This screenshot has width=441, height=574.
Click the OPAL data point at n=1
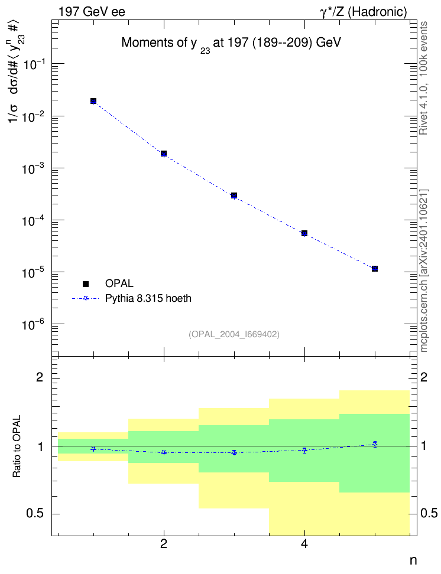[93, 101]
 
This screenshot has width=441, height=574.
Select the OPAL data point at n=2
[164, 154]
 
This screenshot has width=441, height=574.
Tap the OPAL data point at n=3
[234, 195]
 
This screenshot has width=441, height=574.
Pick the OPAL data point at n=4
[304, 233]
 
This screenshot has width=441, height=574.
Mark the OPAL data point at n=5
[375, 269]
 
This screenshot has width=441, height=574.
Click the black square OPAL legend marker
[86, 283]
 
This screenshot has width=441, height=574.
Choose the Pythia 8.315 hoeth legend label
[148, 298]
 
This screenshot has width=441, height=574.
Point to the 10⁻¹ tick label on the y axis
[34, 64]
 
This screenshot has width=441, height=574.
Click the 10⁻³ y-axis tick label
[34, 168]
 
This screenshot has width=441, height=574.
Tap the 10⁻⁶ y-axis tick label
[34, 324]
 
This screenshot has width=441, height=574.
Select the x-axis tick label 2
[164, 544]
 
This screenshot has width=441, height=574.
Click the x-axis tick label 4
[304, 544]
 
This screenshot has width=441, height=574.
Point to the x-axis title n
[413, 560]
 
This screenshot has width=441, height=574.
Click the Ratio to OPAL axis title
[17, 446]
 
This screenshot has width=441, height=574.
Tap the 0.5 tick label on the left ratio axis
[35, 514]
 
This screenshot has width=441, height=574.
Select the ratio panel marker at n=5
[375, 444]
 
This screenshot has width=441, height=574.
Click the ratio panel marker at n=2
[164, 452]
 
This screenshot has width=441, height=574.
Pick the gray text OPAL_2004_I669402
[234, 334]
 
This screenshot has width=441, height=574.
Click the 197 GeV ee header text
[92, 12]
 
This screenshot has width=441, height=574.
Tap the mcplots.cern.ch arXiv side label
[424, 270]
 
